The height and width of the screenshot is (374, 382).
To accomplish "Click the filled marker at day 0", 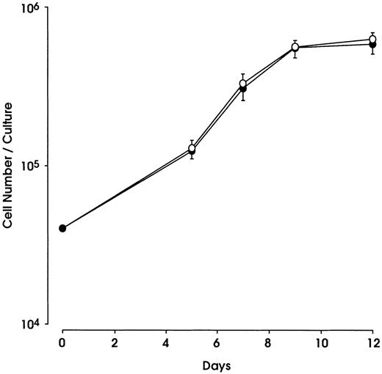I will pyautogui.click(x=62, y=228).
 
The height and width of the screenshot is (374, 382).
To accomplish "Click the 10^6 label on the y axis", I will pyautogui.click(x=36, y=9).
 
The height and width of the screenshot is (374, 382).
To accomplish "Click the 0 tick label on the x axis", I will pyautogui.click(x=62, y=342).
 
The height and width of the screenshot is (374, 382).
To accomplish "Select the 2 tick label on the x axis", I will pyautogui.click(x=115, y=342).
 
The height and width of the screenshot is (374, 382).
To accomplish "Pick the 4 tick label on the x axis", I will pyautogui.click(x=166, y=342).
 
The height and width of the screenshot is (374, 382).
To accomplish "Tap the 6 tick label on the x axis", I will pyautogui.click(x=217, y=342).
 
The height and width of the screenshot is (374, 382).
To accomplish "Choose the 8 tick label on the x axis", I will pyautogui.click(x=269, y=342).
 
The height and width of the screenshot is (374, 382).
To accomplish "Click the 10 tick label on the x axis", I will pyautogui.click(x=321, y=342).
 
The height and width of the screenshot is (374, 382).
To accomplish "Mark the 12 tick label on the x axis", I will pyautogui.click(x=372, y=342).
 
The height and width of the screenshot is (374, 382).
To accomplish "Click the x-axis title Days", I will pyautogui.click(x=217, y=364).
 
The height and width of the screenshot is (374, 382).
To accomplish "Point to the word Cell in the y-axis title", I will pyautogui.click(x=8, y=217).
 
